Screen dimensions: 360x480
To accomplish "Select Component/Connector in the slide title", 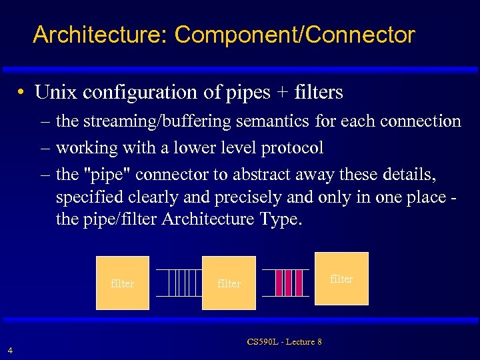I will coord(295,35).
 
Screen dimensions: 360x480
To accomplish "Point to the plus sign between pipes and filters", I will coord(280,93).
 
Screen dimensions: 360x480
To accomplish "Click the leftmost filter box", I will coord(123,283).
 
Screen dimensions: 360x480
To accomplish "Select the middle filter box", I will coord(229,283).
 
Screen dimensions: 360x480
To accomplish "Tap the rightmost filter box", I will coord(341,279).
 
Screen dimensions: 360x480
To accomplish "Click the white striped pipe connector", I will coord(179,283).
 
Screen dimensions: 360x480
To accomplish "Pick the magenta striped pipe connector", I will coord(285,283).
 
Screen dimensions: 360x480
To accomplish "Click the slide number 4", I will coord(9,349).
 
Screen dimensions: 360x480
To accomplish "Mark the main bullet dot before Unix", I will coord(23,93).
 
